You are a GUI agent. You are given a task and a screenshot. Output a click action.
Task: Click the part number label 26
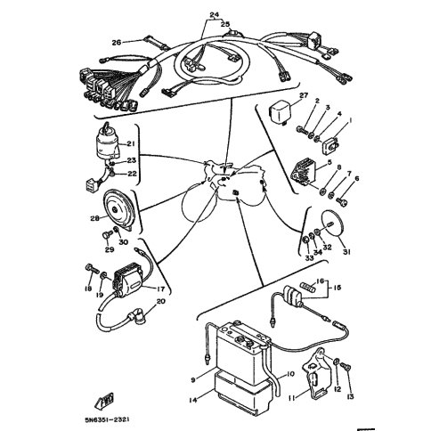pos(116,42)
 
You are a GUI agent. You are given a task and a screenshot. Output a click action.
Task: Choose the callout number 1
pos(349,119)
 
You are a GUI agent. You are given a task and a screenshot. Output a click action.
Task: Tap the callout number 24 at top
pos(214,15)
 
